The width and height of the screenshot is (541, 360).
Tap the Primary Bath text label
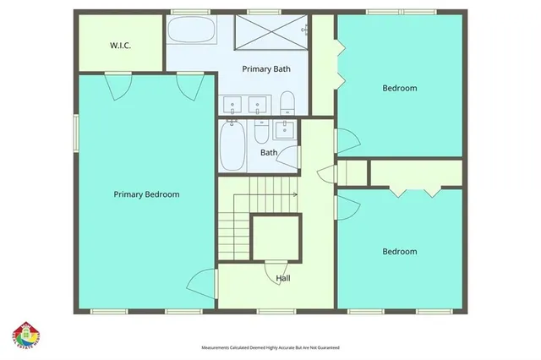point(267,68)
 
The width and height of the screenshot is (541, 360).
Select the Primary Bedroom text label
point(147,194)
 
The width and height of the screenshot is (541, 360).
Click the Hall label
point(284,278)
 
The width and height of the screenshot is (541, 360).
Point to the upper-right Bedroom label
point(399,88)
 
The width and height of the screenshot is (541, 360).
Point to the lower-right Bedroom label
point(399,251)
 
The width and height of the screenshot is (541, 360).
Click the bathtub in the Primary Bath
point(191,33)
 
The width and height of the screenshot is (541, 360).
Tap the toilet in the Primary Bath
point(287,102)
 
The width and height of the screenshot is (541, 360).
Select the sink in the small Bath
point(284,128)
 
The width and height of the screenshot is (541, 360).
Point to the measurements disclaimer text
point(270,347)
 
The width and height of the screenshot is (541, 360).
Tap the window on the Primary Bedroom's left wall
point(75,132)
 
